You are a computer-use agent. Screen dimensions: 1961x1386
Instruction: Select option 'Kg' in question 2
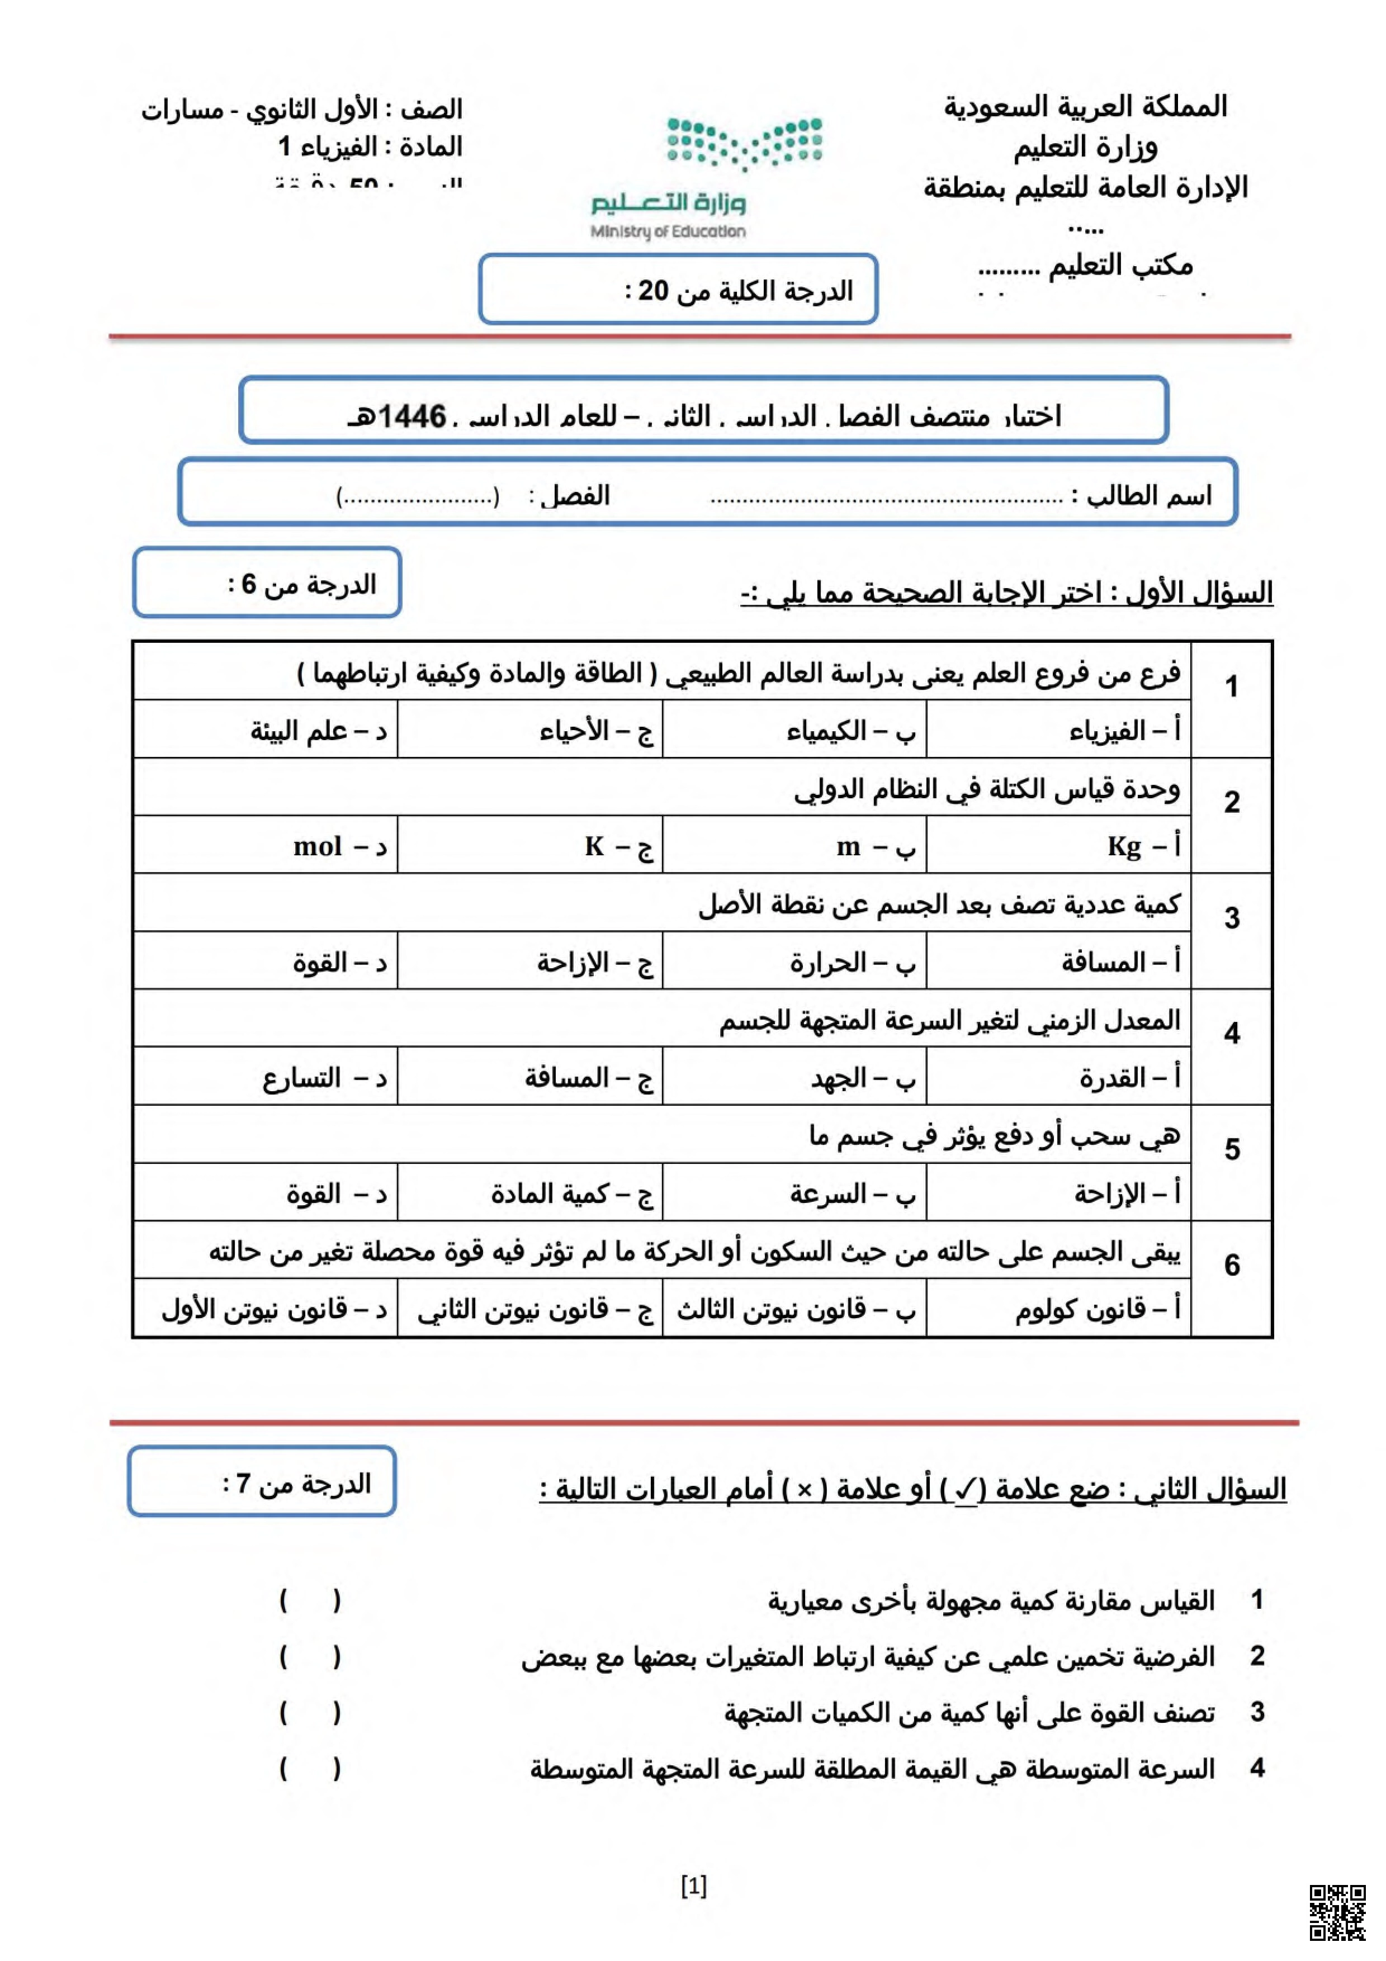(x=1143, y=846)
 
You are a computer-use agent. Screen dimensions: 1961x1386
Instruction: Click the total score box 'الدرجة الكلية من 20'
(x=678, y=290)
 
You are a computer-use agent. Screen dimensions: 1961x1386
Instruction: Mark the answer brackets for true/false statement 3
(x=309, y=1712)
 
